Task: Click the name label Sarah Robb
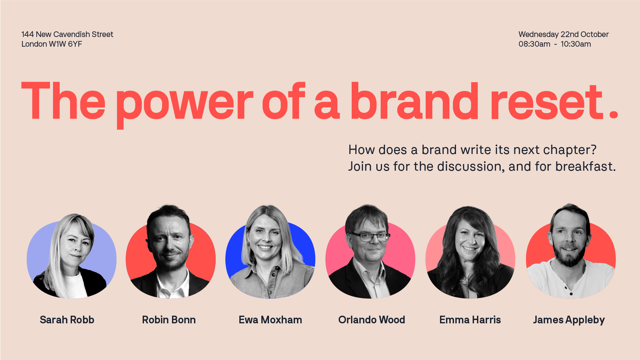[x=67, y=320]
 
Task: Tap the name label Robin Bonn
[x=169, y=320]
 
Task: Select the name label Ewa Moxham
[x=270, y=320]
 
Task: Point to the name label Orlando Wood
[x=372, y=320]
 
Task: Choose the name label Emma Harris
[x=470, y=320]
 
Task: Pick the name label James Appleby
[x=569, y=320]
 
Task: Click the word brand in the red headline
[x=414, y=102]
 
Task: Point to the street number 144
[x=28, y=34]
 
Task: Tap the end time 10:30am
[x=576, y=44]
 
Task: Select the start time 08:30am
[x=534, y=44]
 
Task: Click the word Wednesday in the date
[x=538, y=34]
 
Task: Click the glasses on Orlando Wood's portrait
[x=370, y=237]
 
